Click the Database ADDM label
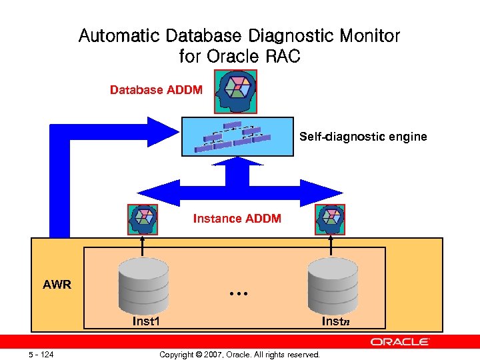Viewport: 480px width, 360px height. coord(156,90)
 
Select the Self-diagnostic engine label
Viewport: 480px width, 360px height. coord(363,137)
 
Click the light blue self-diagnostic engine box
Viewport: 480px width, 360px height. coord(237,137)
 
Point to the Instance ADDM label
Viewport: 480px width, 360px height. coord(237,218)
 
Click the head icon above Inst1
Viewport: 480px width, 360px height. coord(143,218)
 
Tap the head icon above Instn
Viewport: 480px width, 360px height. coord(330,218)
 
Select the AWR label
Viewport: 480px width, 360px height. coord(57,285)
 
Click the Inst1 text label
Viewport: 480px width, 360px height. coord(145,321)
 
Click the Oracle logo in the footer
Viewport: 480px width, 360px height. coord(400,341)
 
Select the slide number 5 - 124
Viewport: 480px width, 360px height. coord(41,354)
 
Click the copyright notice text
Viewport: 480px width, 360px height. coord(239,354)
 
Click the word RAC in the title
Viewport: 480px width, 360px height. coord(282,56)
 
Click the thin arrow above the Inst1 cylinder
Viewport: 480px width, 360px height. coord(143,247)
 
